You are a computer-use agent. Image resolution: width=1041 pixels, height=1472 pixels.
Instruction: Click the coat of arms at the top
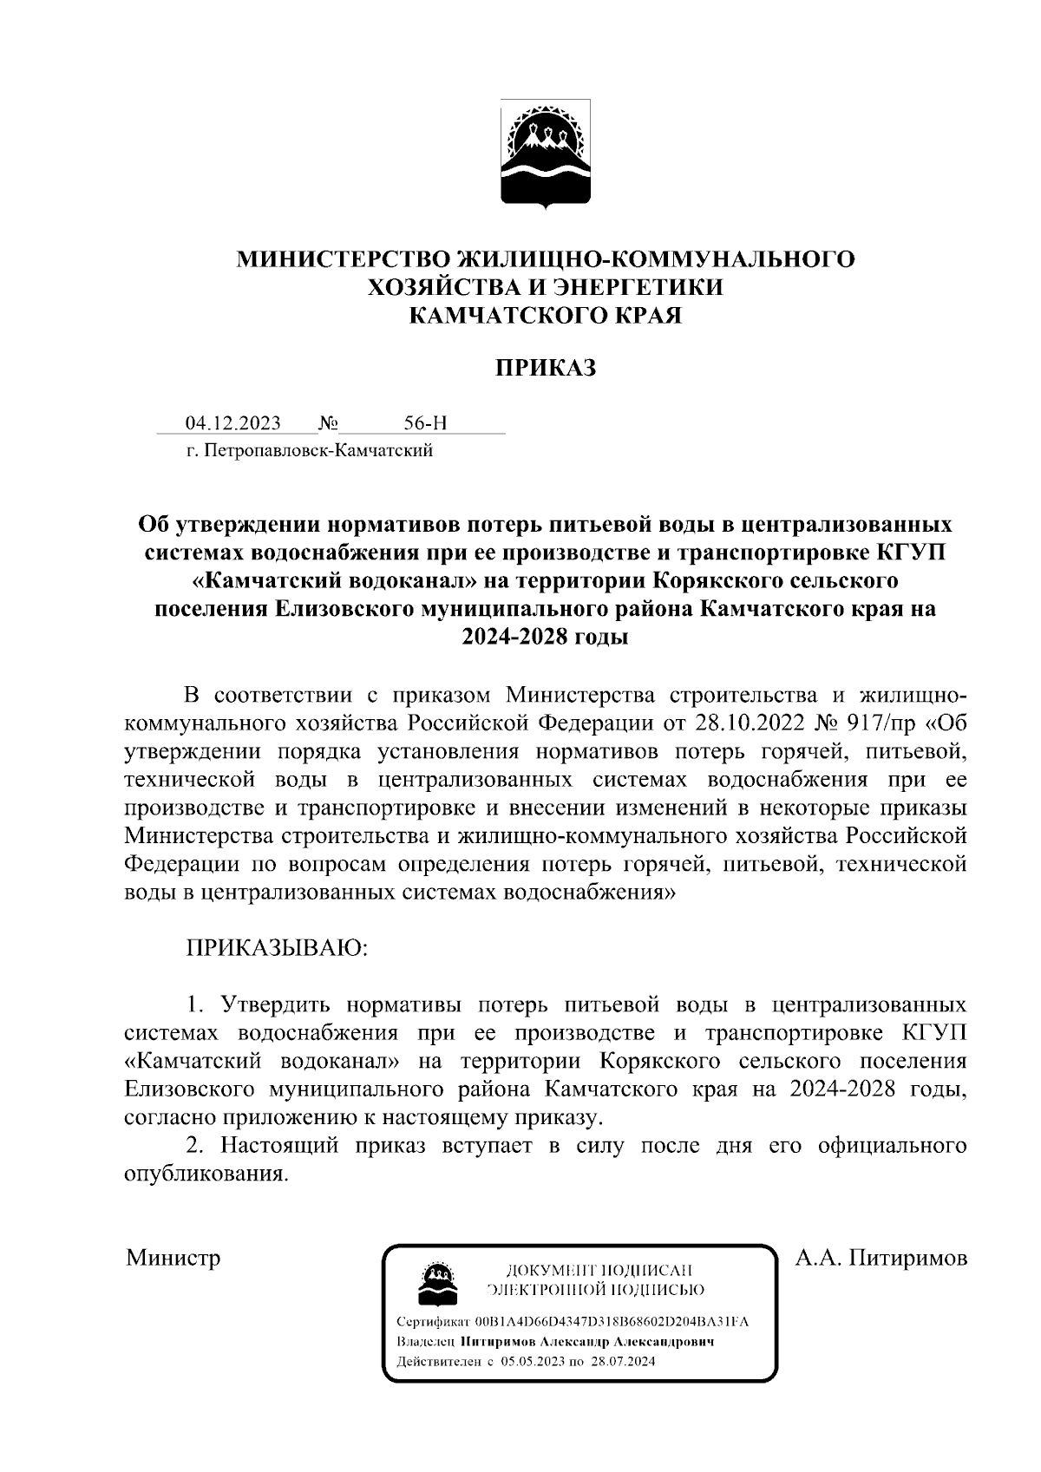[547, 154]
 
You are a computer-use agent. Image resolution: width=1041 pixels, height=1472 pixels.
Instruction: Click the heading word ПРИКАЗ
[546, 369]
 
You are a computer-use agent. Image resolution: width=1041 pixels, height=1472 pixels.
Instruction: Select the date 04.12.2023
[232, 423]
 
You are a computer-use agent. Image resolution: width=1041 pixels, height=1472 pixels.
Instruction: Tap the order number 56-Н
[425, 423]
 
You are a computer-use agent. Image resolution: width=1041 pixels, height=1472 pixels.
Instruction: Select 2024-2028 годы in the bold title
[545, 637]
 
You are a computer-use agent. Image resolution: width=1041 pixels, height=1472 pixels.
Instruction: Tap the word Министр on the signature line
[173, 1257]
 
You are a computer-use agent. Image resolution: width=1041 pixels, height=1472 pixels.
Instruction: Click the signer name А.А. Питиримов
[881, 1257]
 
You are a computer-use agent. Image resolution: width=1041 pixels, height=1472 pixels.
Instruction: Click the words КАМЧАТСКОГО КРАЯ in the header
[546, 315]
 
